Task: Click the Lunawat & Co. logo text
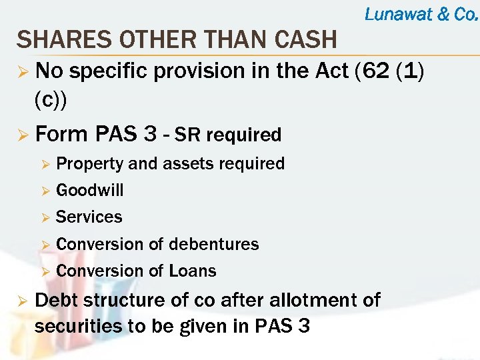(421, 14)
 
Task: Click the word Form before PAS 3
(61, 134)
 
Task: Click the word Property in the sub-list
(90, 164)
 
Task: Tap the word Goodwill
(90, 191)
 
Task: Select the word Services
(89, 217)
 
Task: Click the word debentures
(213, 244)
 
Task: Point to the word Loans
(193, 271)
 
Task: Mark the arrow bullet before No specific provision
(23, 71)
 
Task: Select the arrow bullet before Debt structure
(23, 301)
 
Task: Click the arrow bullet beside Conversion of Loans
(45, 271)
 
